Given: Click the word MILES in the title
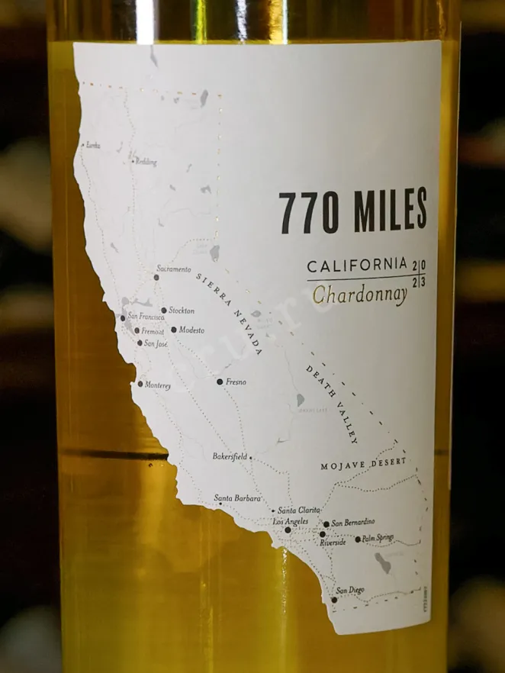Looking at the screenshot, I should click(390, 211).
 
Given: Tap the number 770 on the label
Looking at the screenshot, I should click(308, 212).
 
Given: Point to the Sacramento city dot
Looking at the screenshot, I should click(156, 278).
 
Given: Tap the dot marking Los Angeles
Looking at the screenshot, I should click(288, 530).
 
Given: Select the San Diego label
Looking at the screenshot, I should click(351, 590).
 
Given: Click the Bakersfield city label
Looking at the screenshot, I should click(230, 457).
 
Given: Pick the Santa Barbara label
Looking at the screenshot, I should click(237, 499).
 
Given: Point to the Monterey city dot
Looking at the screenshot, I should click(140, 385).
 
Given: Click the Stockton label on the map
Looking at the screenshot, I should click(182, 311).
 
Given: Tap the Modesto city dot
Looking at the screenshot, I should click(174, 330).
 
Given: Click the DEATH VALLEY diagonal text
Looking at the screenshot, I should click(332, 404).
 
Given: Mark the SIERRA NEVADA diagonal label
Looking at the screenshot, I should click(229, 314).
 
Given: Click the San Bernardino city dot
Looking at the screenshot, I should click(326, 524).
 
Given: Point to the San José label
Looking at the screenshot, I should click(156, 344).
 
